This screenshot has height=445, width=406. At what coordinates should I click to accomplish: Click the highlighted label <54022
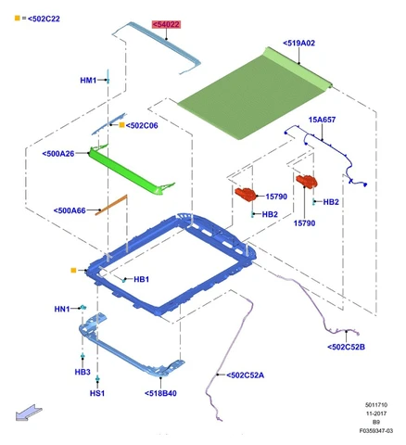[166, 24]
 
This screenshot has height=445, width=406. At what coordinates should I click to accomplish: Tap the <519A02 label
[298, 43]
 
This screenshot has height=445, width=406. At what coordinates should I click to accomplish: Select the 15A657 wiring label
[322, 120]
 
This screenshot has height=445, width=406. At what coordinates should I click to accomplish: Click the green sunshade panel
[253, 95]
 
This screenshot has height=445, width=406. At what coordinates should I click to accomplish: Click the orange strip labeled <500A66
[111, 205]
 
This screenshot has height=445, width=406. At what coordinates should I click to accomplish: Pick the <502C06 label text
[142, 125]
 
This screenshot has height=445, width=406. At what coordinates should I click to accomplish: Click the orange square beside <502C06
[121, 125]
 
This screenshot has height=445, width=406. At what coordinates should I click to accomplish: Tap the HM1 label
[88, 81]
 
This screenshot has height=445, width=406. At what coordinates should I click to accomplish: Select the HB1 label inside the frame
[142, 279]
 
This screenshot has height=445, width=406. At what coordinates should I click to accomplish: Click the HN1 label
[62, 309]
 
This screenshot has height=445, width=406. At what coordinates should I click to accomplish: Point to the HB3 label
[82, 372]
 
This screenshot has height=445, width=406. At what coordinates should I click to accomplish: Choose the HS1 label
[97, 393]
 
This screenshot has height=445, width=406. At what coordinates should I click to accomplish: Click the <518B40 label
[160, 393]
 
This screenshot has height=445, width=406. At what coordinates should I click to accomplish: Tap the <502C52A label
[246, 375]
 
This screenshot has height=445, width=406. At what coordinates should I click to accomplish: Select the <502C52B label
[346, 347]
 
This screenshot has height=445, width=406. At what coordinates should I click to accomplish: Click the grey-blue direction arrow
[29, 413]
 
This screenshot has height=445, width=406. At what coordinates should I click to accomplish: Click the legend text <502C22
[44, 19]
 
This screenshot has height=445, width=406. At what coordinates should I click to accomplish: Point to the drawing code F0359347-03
[376, 431]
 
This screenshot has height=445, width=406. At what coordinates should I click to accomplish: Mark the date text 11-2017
[376, 413]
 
